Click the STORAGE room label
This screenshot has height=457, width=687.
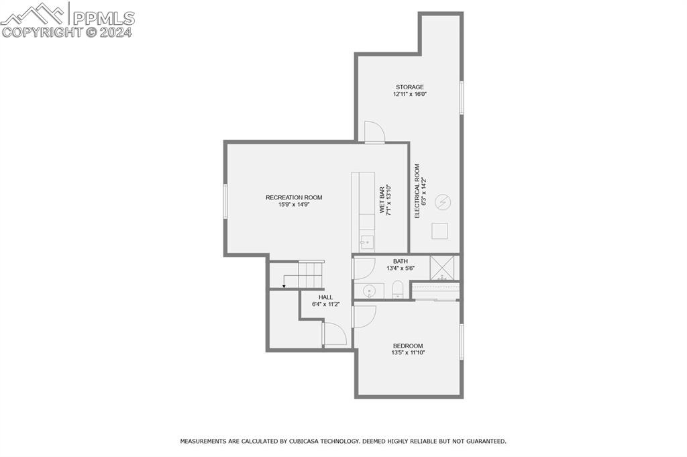click(x=410, y=87)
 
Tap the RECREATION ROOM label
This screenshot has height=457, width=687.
click(x=294, y=197)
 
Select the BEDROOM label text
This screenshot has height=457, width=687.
click(x=408, y=346)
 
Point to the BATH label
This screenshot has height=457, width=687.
click(x=401, y=262)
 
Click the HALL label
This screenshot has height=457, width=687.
click(x=325, y=297)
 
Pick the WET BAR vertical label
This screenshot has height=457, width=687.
click(x=382, y=200)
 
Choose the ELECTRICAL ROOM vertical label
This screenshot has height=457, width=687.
click(x=417, y=191)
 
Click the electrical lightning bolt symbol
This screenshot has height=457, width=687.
click(x=443, y=202)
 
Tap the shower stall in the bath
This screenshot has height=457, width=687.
click(x=444, y=267)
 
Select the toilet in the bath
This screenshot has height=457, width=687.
click(x=397, y=290)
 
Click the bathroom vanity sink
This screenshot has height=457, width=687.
click(x=370, y=291)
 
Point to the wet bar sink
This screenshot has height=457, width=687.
click(x=367, y=242)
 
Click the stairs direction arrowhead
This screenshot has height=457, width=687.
click(x=284, y=287)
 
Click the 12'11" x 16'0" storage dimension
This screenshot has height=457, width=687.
click(x=410, y=94)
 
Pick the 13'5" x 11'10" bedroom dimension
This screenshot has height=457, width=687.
click(x=408, y=353)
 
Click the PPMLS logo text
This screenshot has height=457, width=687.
click(x=104, y=18)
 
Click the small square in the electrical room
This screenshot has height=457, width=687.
click(x=439, y=231)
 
